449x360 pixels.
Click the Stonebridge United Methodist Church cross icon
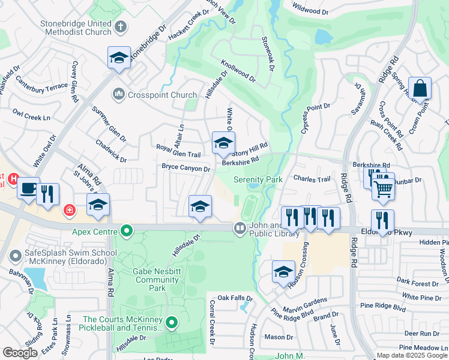(x=121, y=26)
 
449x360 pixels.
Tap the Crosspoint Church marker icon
(x=118, y=95)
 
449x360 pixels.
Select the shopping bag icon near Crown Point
(x=420, y=88)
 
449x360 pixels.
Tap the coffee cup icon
(x=28, y=188)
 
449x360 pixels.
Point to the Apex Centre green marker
(x=126, y=230)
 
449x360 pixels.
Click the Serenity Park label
(x=258, y=179)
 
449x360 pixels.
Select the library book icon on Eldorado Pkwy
(x=240, y=228)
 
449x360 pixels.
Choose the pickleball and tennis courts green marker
(x=172, y=323)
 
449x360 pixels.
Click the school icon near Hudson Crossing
(x=283, y=272)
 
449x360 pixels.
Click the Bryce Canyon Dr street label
(x=185, y=169)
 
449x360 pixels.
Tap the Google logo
(x=20, y=353)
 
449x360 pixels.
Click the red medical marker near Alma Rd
(x=70, y=210)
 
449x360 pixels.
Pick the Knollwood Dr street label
(x=238, y=70)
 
